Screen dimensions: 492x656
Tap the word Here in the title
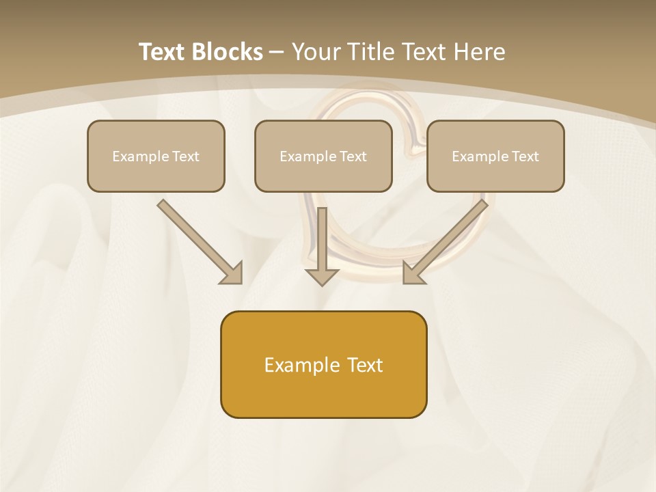tap(479, 52)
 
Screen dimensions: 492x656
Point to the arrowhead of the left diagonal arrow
tap(232, 273)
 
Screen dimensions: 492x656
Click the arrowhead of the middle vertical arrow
tap(322, 276)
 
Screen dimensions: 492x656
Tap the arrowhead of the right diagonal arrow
tap(413, 273)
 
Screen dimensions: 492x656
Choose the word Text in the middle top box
tap(353, 156)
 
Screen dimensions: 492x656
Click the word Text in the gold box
tap(365, 365)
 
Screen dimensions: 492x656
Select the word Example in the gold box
tap(303, 365)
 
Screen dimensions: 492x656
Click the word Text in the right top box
tap(525, 156)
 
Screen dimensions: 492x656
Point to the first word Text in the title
tap(164, 52)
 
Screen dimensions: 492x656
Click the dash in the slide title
tap(277, 52)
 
